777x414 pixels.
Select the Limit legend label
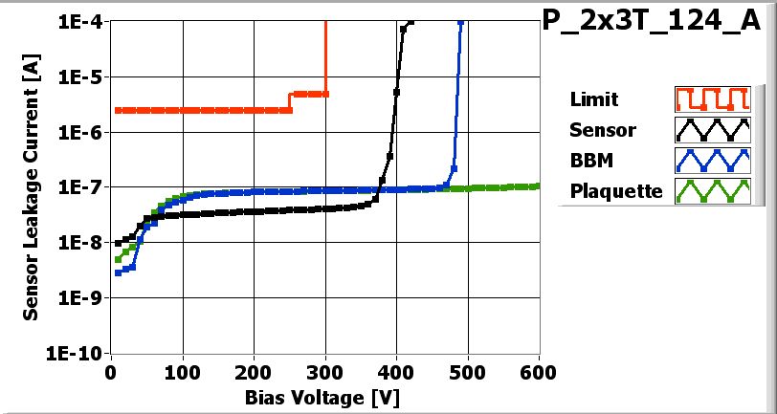pyautogui.click(x=593, y=99)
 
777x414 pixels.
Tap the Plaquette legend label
pyautogui.click(x=616, y=190)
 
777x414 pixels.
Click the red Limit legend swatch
pyautogui.click(x=710, y=99)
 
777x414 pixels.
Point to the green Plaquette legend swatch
pyautogui.click(x=710, y=190)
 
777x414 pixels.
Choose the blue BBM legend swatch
pyautogui.click(x=710, y=160)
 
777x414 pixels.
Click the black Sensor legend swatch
pyautogui.click(x=710, y=129)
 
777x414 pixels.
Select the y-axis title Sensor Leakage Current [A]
pyautogui.click(x=31, y=186)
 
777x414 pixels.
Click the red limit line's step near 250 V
pyautogui.click(x=290, y=101)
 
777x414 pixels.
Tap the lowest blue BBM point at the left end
pyautogui.click(x=118, y=272)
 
